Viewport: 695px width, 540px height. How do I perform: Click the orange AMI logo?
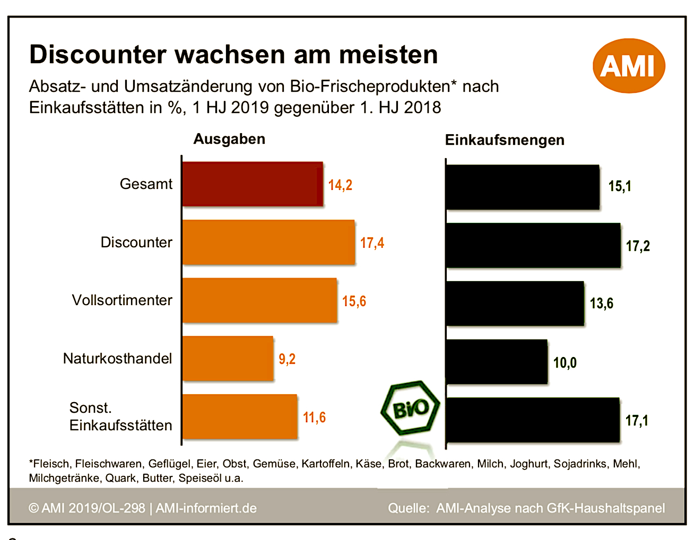point(629,66)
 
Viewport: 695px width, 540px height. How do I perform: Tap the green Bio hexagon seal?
point(410,408)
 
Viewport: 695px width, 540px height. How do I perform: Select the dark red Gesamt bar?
point(253,184)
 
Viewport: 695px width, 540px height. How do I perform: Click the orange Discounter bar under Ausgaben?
point(268,242)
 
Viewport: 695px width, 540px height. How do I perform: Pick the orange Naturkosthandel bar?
point(228,359)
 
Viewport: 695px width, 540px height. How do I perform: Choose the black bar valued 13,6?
point(515,303)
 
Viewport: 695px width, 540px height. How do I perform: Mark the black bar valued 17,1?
point(533,420)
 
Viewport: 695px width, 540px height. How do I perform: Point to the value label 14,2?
point(340,185)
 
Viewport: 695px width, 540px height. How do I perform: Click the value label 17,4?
point(372,243)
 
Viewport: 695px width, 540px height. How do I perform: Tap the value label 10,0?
point(565,363)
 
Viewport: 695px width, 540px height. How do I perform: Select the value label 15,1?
point(620,186)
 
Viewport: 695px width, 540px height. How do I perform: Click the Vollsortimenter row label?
point(122,300)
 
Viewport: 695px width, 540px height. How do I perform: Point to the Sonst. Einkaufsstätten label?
point(120,416)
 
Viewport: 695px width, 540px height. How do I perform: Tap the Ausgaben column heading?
point(229,139)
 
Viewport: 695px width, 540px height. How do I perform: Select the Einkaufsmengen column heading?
point(505,140)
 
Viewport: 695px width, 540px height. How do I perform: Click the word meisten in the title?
point(388,55)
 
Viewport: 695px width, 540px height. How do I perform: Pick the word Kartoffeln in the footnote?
point(326,464)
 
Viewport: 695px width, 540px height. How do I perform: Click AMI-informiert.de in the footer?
point(206,508)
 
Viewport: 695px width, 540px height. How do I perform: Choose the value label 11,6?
point(314,417)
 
